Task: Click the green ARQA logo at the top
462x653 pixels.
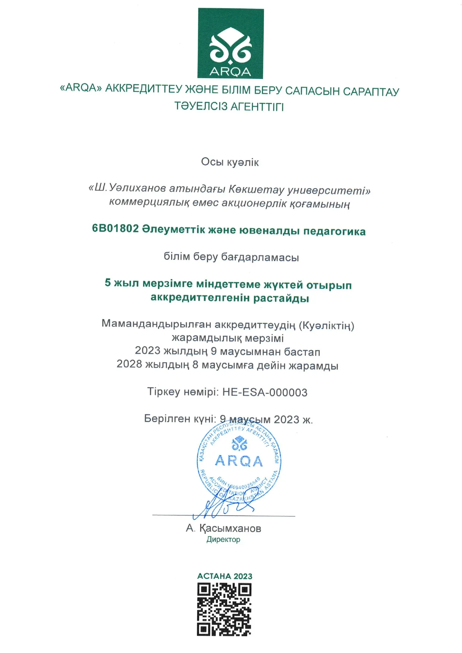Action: (x=230, y=43)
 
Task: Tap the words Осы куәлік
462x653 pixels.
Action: (x=230, y=162)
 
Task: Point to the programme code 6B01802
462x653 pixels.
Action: (x=115, y=228)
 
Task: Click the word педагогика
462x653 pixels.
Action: (x=334, y=231)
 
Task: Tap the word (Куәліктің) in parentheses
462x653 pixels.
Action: (x=327, y=325)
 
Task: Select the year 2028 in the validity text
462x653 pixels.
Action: (x=129, y=364)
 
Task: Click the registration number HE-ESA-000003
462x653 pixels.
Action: (x=265, y=392)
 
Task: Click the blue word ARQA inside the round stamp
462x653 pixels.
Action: (x=239, y=461)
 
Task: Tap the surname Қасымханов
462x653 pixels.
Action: (x=230, y=528)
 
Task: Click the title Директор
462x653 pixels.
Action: (x=223, y=539)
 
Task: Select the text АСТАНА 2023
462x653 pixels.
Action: (x=225, y=576)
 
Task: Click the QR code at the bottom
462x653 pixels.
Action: (x=224, y=609)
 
